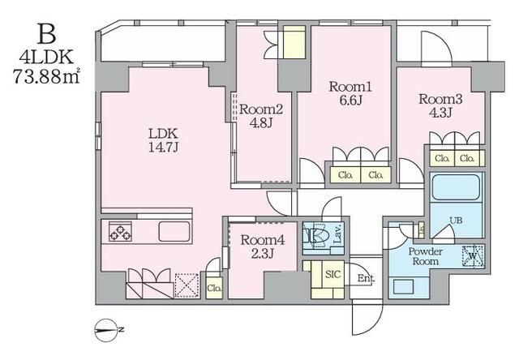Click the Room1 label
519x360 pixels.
(350, 87)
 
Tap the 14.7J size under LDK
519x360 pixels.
(164, 148)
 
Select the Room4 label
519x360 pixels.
(263, 240)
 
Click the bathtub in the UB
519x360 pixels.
(456, 187)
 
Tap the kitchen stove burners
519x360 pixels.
(121, 231)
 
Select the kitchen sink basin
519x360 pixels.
(174, 231)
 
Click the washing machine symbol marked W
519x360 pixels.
(473, 256)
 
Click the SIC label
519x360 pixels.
(333, 274)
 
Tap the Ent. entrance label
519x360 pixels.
(366, 278)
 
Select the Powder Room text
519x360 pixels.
(425, 256)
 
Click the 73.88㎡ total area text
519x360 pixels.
(46, 76)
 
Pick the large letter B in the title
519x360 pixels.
(47, 34)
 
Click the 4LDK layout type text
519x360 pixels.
(46, 57)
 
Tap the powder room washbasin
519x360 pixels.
(403, 286)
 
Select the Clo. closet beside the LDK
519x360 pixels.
(214, 288)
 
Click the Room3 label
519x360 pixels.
(440, 99)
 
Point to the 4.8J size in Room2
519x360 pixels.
(261, 122)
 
